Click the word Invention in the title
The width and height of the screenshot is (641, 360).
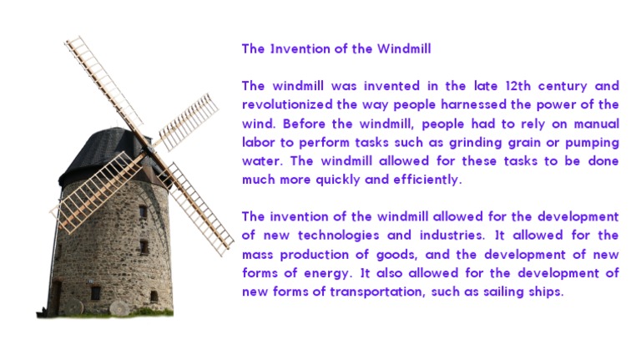tap(297, 48)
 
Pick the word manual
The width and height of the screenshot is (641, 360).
tap(596, 124)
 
